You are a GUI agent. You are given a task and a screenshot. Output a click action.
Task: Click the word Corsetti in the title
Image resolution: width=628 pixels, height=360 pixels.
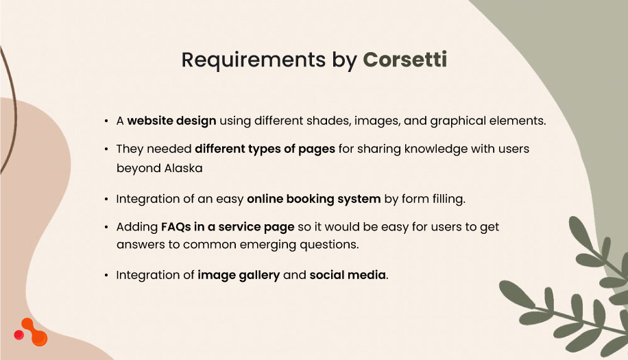[x=404, y=60]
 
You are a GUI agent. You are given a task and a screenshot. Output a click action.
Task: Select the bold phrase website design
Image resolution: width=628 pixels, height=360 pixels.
[x=171, y=121]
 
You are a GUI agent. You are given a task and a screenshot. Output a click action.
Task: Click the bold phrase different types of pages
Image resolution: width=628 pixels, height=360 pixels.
[x=265, y=149]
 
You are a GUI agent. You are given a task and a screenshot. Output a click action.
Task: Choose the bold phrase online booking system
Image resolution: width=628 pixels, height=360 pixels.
[x=313, y=199]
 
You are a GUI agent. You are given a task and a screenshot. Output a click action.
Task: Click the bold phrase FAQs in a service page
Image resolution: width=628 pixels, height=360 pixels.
[x=228, y=226]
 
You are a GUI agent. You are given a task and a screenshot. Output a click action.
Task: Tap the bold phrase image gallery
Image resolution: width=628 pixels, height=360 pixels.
[x=239, y=275]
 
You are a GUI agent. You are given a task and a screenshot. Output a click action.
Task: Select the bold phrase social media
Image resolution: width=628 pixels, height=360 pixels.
[x=348, y=275]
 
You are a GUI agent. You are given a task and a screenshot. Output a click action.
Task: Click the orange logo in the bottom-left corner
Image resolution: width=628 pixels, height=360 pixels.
[x=31, y=332]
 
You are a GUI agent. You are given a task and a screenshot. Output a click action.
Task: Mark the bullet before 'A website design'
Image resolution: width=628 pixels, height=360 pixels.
[x=106, y=121]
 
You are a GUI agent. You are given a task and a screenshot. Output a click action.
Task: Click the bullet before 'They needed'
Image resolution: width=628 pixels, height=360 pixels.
[x=106, y=149]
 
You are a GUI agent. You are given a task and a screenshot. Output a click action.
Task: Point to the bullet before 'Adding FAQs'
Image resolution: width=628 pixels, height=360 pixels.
[x=106, y=227]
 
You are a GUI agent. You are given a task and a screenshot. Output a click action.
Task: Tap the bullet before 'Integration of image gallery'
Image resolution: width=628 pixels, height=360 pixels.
[x=106, y=276]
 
